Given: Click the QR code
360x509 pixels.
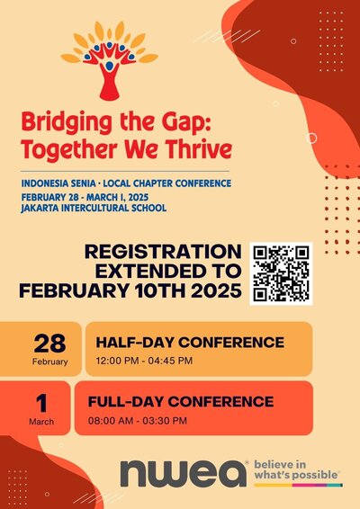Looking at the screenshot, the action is click(281, 273).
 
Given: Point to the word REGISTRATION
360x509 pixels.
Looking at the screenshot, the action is click(163, 252).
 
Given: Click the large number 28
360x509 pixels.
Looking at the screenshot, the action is click(49, 344).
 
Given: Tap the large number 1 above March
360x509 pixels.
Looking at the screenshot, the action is click(41, 404).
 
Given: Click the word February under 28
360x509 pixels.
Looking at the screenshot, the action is click(50, 362).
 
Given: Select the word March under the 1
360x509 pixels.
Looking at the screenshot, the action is click(41, 422).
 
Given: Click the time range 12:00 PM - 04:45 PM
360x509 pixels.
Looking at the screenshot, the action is click(144, 361).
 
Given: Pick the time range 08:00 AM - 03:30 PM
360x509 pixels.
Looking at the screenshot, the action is click(138, 421).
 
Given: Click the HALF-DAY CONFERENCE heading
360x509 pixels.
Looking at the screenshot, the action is click(190, 343).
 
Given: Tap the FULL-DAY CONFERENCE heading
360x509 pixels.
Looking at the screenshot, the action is click(181, 402).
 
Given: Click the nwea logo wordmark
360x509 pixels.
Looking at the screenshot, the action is click(183, 473).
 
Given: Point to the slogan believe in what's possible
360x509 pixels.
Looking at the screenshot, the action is click(296, 469).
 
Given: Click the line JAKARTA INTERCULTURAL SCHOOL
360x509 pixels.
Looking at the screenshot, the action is click(94, 208).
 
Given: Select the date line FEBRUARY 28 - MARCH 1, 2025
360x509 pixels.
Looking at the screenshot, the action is click(85, 197).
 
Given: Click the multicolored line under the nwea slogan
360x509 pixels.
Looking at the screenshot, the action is click(298, 485).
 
